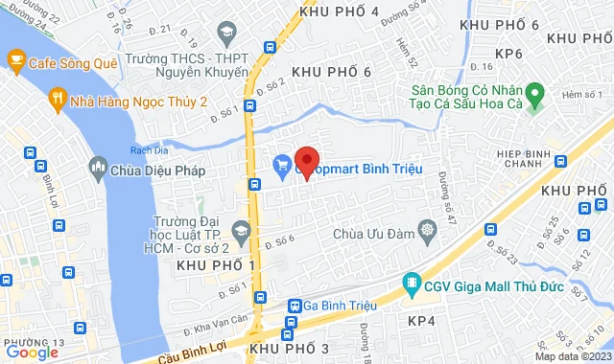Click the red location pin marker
point(306,162)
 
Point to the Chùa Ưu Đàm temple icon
point(427,230)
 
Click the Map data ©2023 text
point(570,356)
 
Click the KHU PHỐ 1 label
point(216,264)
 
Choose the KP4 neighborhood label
point(422,321)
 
